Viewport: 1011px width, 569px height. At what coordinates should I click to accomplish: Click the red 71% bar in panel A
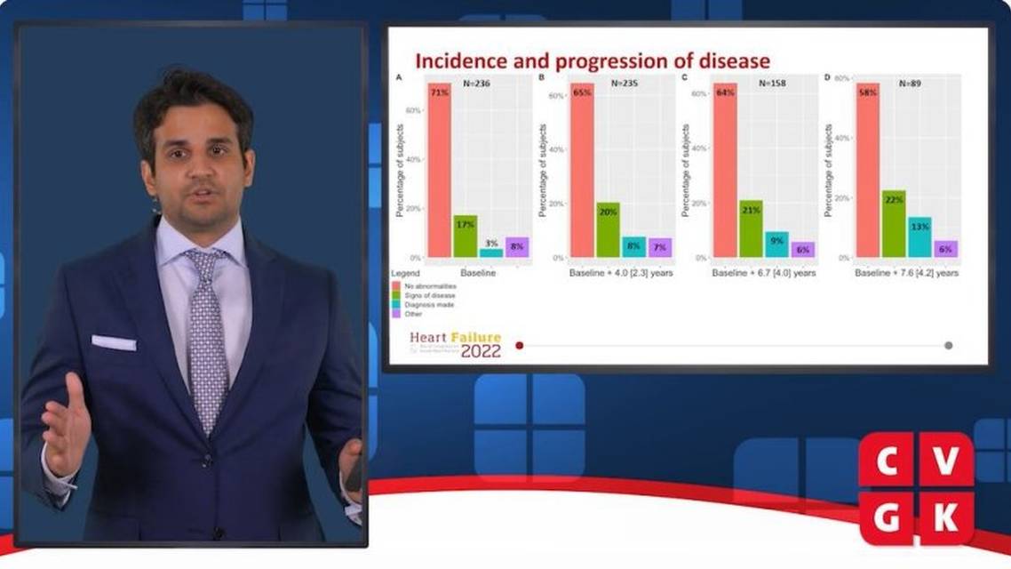tap(439, 169)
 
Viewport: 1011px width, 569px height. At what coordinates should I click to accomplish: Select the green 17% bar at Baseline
tap(466, 236)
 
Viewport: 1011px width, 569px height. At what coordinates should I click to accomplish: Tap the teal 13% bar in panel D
tap(919, 236)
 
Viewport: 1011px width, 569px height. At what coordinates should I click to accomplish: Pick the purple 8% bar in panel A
tap(517, 247)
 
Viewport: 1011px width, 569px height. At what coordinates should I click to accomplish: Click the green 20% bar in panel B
tap(608, 229)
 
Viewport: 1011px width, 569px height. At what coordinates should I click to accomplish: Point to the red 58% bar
tap(867, 169)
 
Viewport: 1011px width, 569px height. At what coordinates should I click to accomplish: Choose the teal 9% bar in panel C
tap(776, 244)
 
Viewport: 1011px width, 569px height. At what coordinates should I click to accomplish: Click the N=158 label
tap(773, 84)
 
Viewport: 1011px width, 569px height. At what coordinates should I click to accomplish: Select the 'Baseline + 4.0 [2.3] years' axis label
tap(621, 273)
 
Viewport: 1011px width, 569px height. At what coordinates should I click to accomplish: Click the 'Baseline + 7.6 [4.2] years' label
tap(906, 273)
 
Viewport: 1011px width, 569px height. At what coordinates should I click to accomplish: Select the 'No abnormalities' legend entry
tap(424, 285)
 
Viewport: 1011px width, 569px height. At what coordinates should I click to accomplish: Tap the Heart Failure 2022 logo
tap(456, 344)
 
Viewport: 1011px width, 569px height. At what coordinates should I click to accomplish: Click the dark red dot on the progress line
tap(520, 345)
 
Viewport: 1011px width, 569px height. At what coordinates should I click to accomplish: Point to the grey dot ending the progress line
tap(949, 345)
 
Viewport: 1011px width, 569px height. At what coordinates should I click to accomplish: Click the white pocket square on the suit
tap(114, 342)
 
